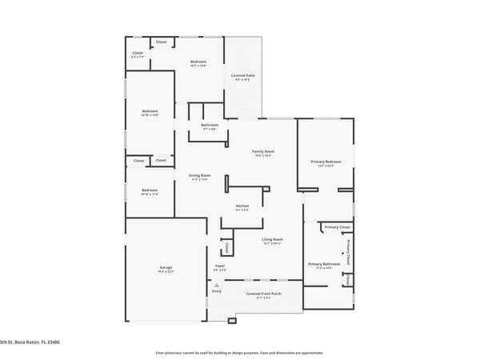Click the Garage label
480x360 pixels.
pos(166,267)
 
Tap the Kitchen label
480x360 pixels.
pos(242,206)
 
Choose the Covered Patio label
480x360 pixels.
pos(242,75)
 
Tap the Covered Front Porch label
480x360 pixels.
pos(263,294)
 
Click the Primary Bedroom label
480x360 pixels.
pos(326,162)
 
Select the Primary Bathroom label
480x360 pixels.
pos(324,264)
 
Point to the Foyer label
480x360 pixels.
pos(219,266)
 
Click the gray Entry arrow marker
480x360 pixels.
pos(216,285)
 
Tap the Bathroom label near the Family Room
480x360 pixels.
pos(210,125)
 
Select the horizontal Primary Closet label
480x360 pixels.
pos(338,227)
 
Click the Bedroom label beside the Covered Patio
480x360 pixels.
pos(198,62)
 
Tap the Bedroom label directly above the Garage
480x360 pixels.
pos(150,190)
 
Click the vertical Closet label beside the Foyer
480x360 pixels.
pos(227,248)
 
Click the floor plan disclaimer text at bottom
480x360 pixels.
pos(239,352)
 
